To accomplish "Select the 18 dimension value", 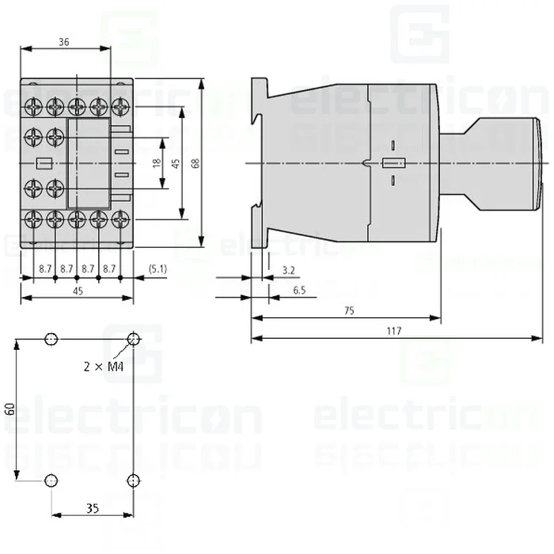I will coord(157,163).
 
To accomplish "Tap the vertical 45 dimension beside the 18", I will coord(176,163).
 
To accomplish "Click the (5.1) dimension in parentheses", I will coord(157,269).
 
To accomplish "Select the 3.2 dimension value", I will coord(288,271).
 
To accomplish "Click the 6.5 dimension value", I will coord(299,290).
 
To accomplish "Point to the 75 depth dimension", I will coord(349,311).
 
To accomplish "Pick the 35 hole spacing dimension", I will coord(93,508).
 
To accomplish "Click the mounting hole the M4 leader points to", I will coord(134,340).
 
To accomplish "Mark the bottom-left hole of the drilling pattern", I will coord(51,480).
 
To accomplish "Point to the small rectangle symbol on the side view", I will coord(393,164).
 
